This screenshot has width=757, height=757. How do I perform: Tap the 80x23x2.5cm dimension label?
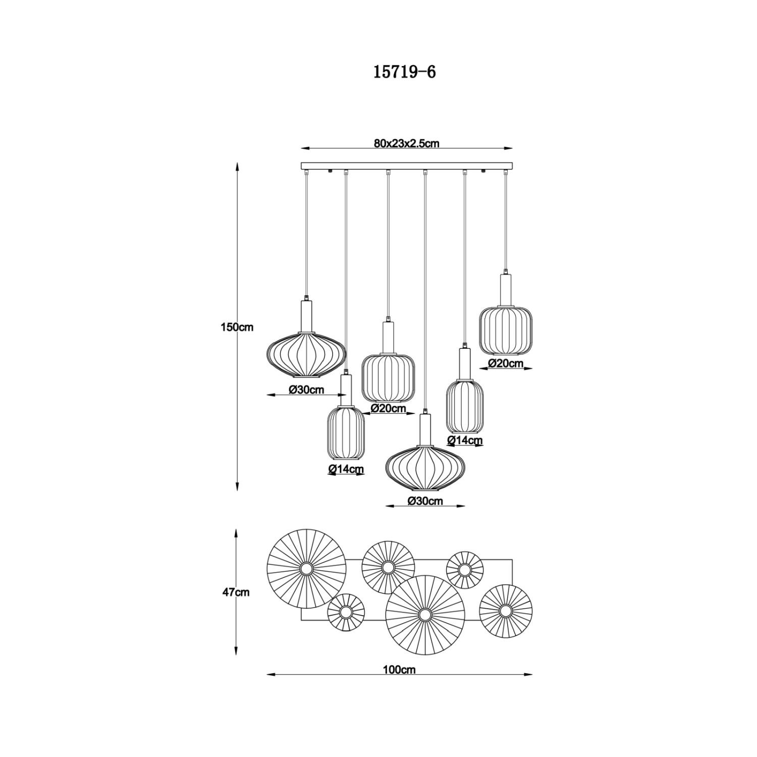tap(407, 143)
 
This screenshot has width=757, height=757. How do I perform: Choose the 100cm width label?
tap(399, 670)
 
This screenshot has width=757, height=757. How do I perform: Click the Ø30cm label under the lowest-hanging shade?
tap(425, 501)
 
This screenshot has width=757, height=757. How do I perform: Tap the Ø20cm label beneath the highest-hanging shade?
tap(506, 363)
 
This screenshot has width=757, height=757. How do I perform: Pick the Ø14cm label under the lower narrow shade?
tap(346, 469)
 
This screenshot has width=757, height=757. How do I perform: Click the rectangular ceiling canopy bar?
tap(407, 166)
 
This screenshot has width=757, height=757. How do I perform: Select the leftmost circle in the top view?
tap(306, 569)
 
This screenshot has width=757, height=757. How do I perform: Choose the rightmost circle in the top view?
tap(506, 611)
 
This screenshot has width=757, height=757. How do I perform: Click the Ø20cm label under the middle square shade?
tap(389, 409)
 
